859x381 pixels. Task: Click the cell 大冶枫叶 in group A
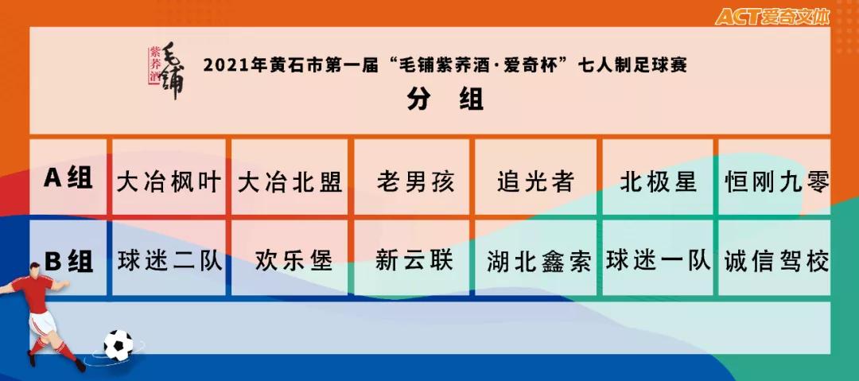point(169,182)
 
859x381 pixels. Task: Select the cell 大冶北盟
point(290,182)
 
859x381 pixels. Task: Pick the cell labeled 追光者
point(535,182)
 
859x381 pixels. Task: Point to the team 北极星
point(659,182)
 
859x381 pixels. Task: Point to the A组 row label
point(68,179)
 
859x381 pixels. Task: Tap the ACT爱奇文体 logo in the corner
point(772,17)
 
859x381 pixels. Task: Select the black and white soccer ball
point(119,344)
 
